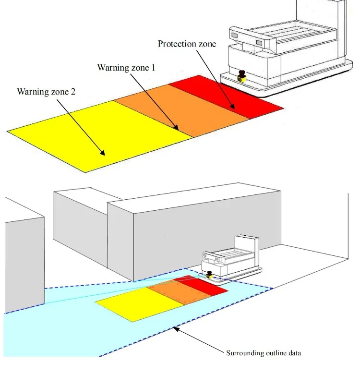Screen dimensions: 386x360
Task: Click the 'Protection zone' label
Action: [x=187, y=44]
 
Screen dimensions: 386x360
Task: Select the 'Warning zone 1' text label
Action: [x=126, y=67]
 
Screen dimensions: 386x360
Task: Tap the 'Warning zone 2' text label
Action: [x=46, y=91]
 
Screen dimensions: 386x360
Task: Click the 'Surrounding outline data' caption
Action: [x=264, y=353]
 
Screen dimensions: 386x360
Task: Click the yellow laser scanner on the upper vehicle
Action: [x=242, y=75]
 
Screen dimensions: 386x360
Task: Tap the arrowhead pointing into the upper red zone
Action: [x=234, y=108]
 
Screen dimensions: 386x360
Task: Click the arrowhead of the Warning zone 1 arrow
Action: [x=177, y=129]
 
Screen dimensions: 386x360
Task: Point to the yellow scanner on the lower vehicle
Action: [x=210, y=275]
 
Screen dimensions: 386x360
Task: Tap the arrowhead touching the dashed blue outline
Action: [x=176, y=329]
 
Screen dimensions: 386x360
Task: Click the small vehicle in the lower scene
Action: [x=230, y=259]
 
